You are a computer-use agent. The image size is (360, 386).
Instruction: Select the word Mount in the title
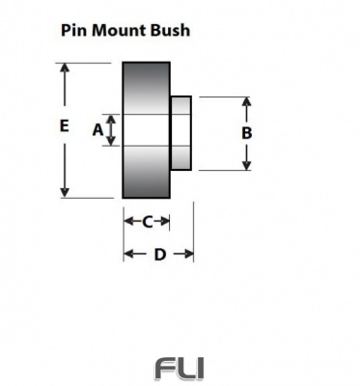click(121, 30)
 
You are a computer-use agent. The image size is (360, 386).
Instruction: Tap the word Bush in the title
click(170, 30)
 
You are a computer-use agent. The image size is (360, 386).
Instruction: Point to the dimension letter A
click(97, 129)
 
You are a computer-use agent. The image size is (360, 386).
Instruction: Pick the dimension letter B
click(247, 133)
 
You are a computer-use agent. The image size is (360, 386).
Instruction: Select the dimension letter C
click(147, 222)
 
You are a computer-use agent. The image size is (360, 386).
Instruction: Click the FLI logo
click(180, 368)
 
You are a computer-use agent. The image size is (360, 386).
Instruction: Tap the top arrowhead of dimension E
click(65, 69)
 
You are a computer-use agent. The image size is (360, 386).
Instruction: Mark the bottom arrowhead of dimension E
click(65, 193)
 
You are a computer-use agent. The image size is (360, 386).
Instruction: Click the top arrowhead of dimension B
click(247, 101)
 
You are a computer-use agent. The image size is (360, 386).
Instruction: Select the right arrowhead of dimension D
click(190, 254)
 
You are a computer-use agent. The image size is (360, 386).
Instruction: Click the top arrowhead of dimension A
click(111, 117)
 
